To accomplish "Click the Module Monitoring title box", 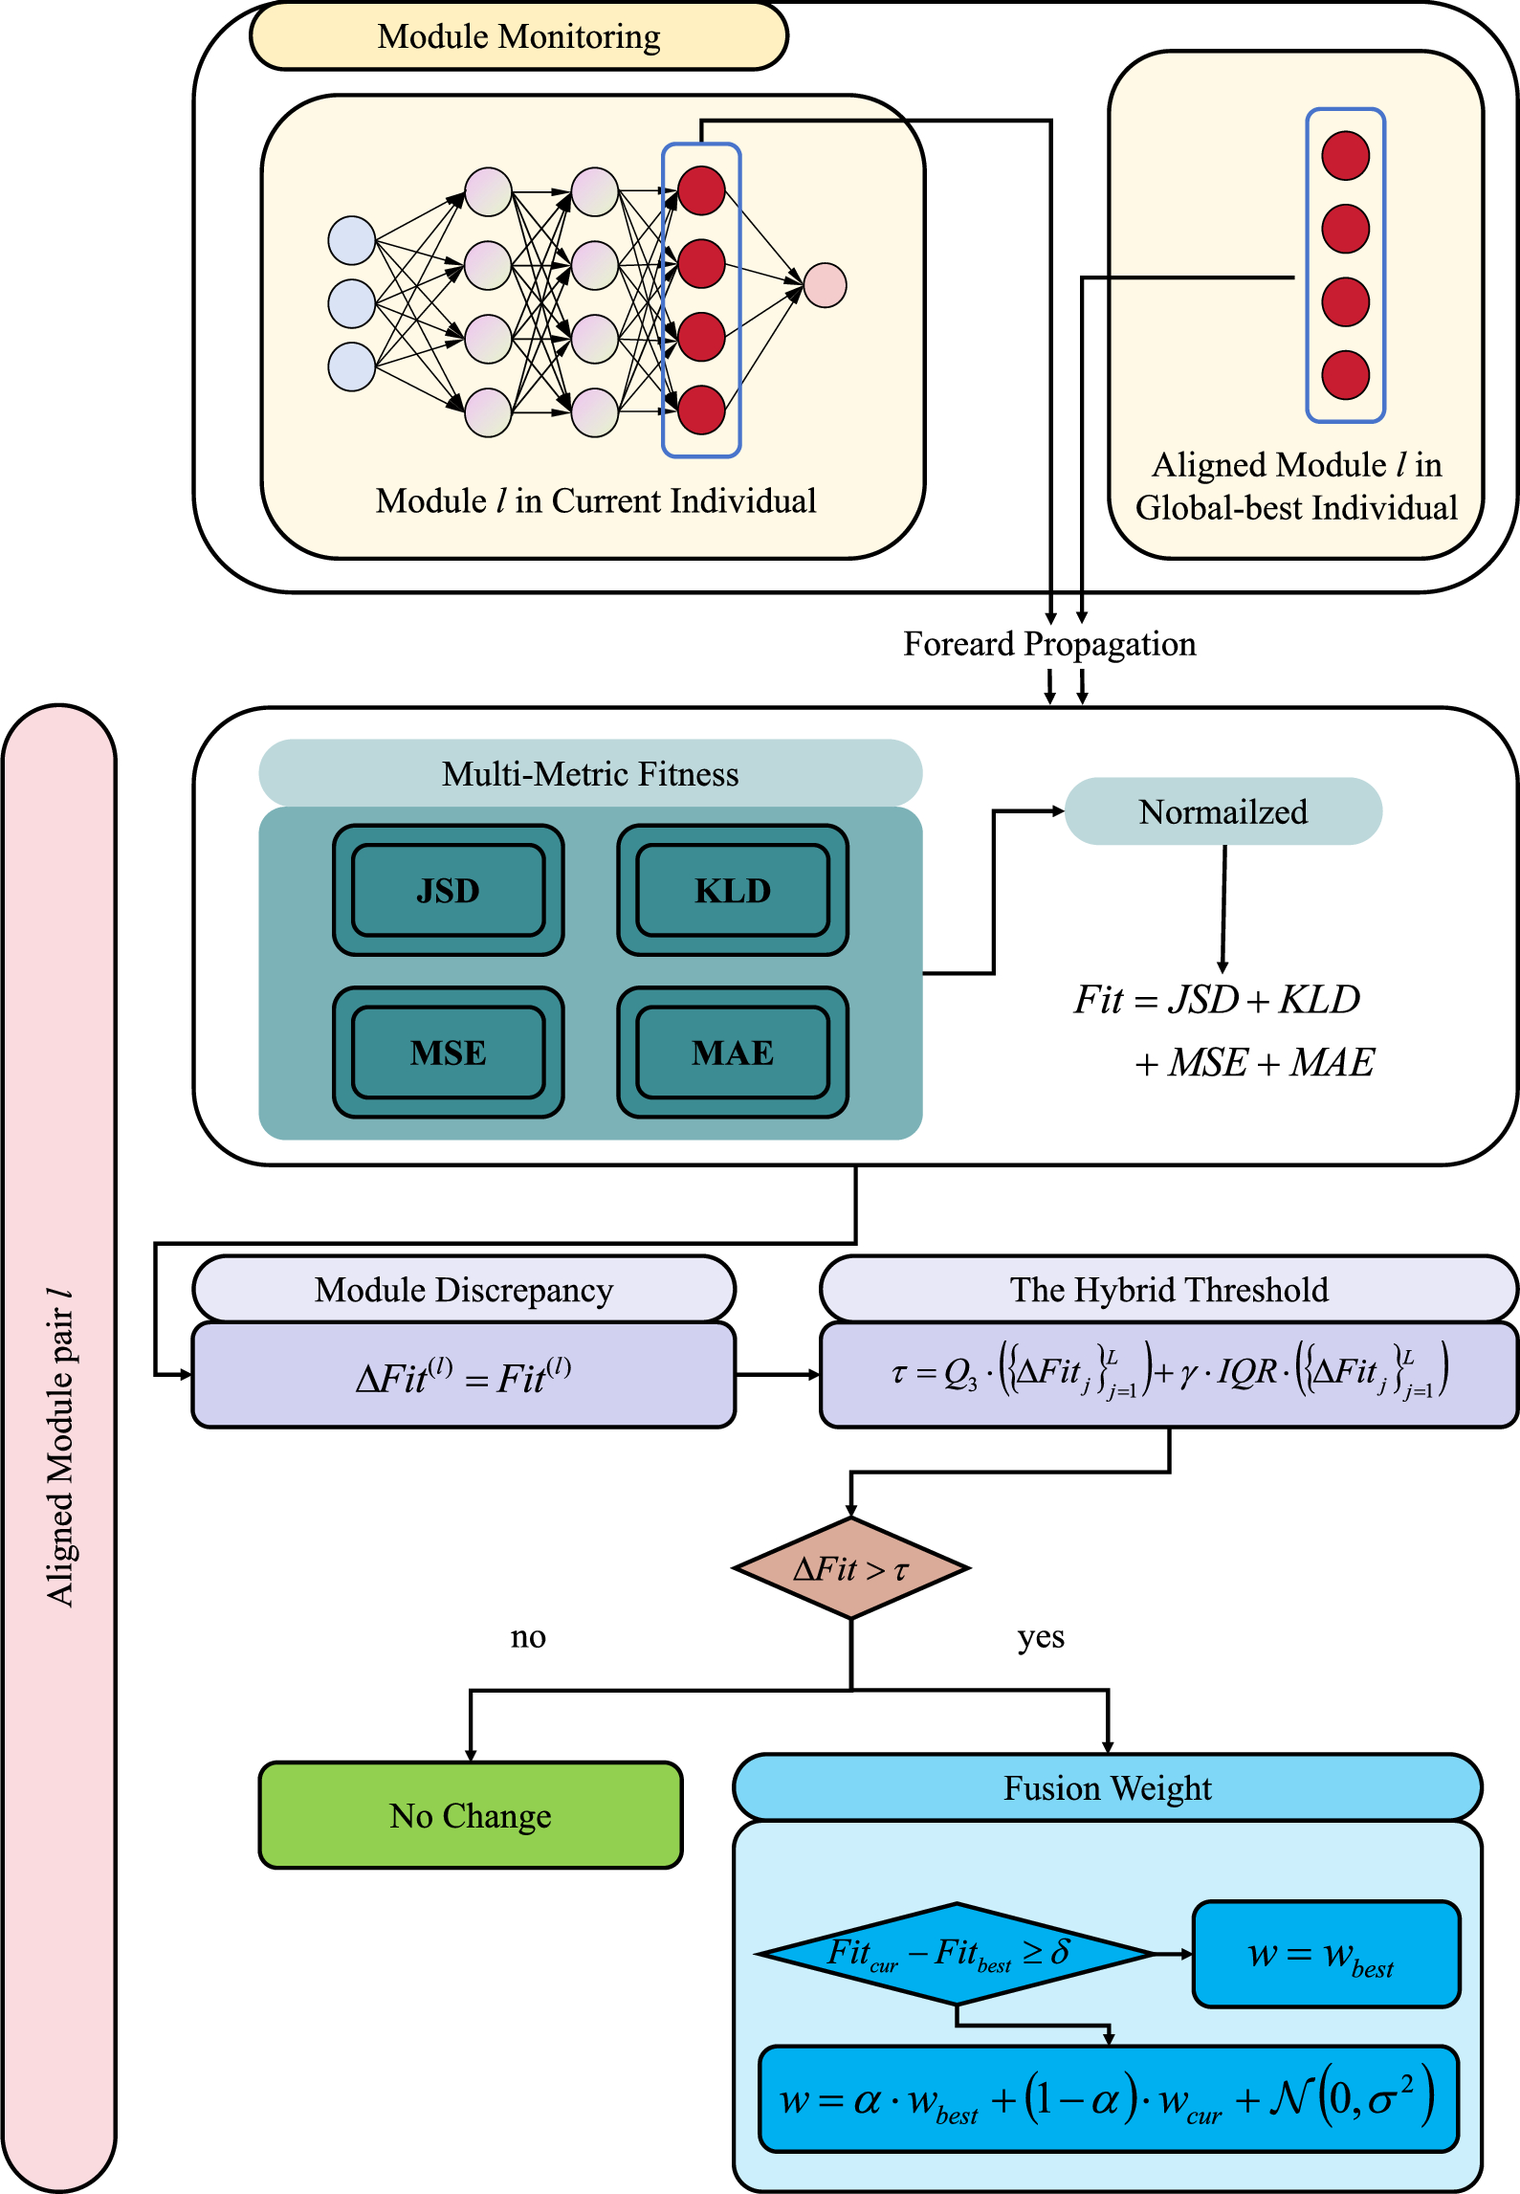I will [x=518, y=37].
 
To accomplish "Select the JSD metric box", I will [x=448, y=891].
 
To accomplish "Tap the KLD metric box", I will [x=732, y=891].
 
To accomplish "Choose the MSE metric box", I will [x=448, y=1053].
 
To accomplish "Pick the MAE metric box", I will [x=732, y=1053].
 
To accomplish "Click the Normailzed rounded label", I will [x=1223, y=811].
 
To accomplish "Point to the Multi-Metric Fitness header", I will [x=590, y=773].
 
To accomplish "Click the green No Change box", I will [x=470, y=1815].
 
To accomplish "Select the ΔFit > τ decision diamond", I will [x=850, y=1568].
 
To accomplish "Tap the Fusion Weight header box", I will [x=1107, y=1787].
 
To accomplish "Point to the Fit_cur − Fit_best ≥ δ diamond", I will [x=955, y=1954].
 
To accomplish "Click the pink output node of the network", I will [x=825, y=285].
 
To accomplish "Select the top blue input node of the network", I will [x=351, y=240].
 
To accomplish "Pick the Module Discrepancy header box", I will [x=463, y=1290].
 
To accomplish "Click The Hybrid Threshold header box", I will [x=1168, y=1290].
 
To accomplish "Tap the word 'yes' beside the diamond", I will [x=1041, y=1637].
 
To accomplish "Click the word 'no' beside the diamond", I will [x=528, y=1637].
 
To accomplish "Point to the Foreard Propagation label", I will [x=1049, y=644].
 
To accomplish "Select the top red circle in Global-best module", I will [x=1345, y=156].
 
